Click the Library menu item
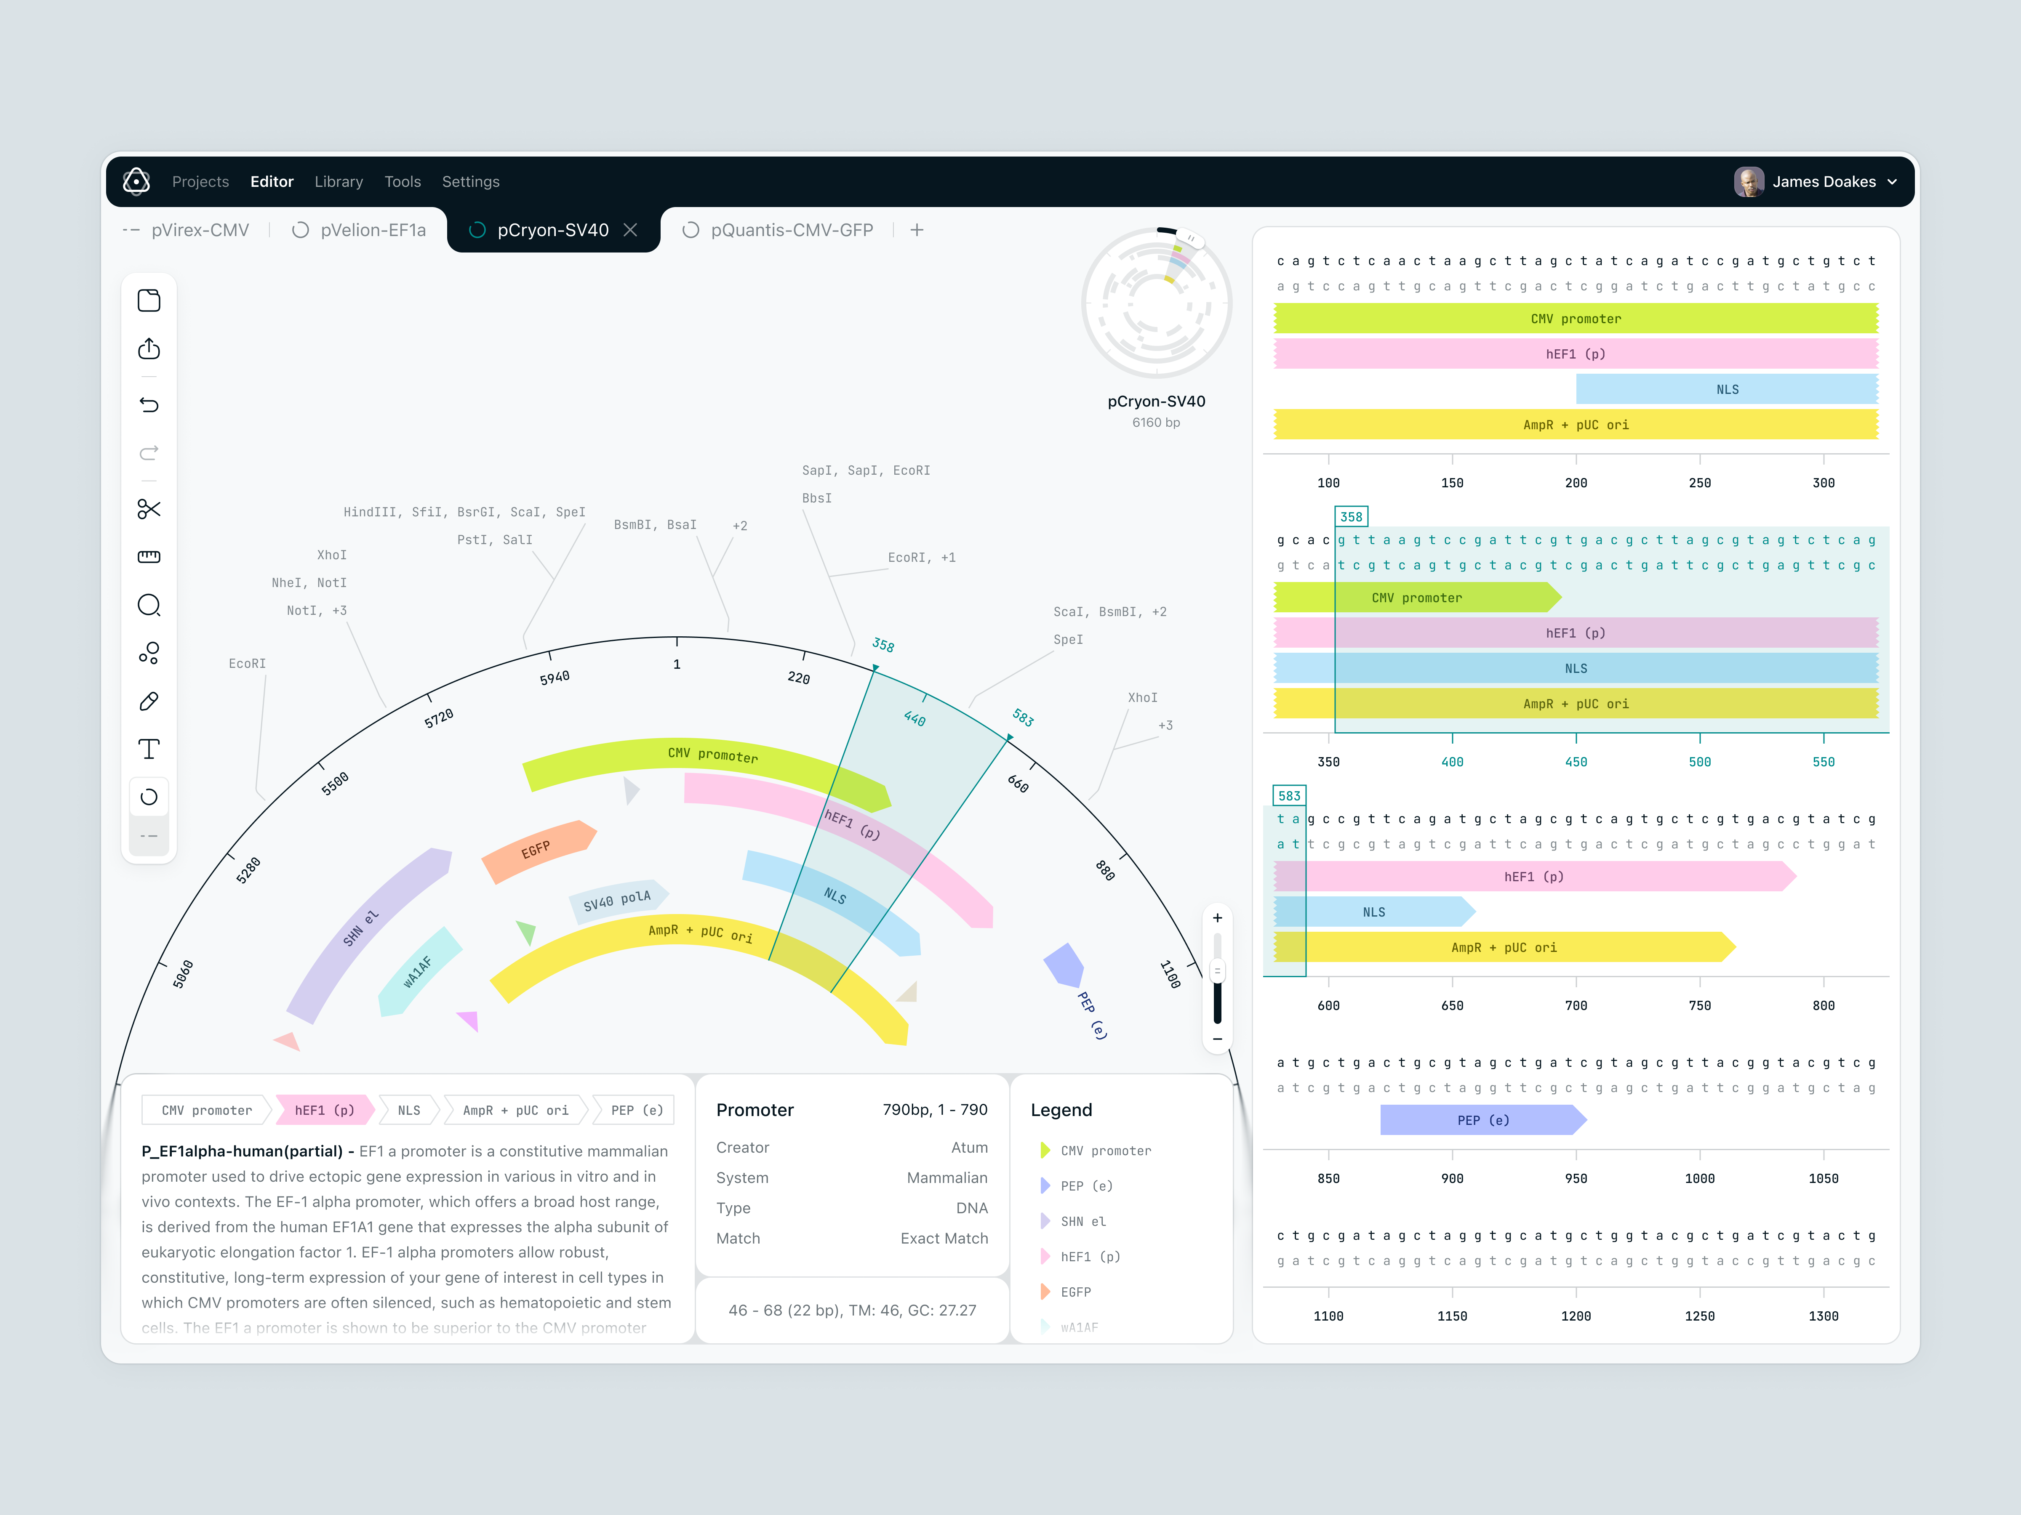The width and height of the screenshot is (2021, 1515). [338, 182]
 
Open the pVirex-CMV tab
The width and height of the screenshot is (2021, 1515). [199, 230]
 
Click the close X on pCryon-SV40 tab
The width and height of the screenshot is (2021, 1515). [630, 230]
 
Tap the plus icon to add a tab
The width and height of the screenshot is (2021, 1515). [916, 230]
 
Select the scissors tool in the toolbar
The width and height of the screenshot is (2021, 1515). [149, 509]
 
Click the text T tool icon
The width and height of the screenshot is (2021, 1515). [149, 749]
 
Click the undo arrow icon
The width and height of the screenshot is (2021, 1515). [149, 404]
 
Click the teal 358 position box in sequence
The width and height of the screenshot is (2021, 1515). [1350, 517]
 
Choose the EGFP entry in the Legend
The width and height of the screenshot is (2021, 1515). [1075, 1292]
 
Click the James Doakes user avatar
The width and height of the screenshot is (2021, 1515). [1748, 182]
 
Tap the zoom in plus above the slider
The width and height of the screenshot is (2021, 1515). [1217, 918]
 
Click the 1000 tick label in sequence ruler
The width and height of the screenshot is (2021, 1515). [1699, 1179]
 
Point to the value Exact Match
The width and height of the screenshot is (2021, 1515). [944, 1238]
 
